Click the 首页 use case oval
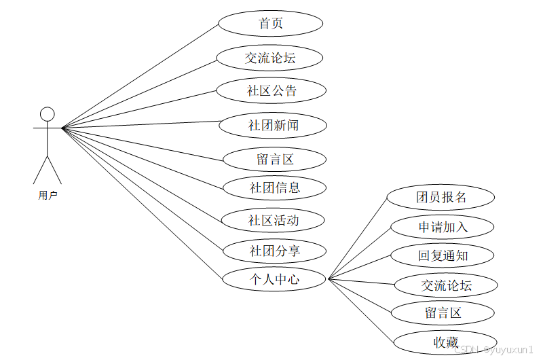pyautogui.click(x=270, y=23)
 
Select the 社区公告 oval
pyautogui.click(x=271, y=90)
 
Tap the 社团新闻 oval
pyautogui.click(x=274, y=125)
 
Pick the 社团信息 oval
pyautogui.click(x=275, y=187)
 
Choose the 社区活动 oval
pyautogui.click(x=274, y=220)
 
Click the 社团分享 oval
pyautogui.click(x=275, y=251)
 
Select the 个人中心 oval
pyautogui.click(x=275, y=278)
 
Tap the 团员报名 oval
pyautogui.click(x=441, y=198)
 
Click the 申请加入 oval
pyautogui.click(x=443, y=226)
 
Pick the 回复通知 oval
pyautogui.click(x=443, y=256)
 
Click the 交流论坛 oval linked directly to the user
pyautogui.click(x=270, y=58)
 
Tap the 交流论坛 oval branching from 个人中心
pyautogui.click(x=446, y=285)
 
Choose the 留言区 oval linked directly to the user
pyautogui.click(x=275, y=160)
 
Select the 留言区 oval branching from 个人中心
pyautogui.click(x=443, y=313)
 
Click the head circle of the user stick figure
pyautogui.click(x=47, y=113)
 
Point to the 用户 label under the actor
pyautogui.click(x=48, y=196)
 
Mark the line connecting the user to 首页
pyautogui.click(x=140, y=75)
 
